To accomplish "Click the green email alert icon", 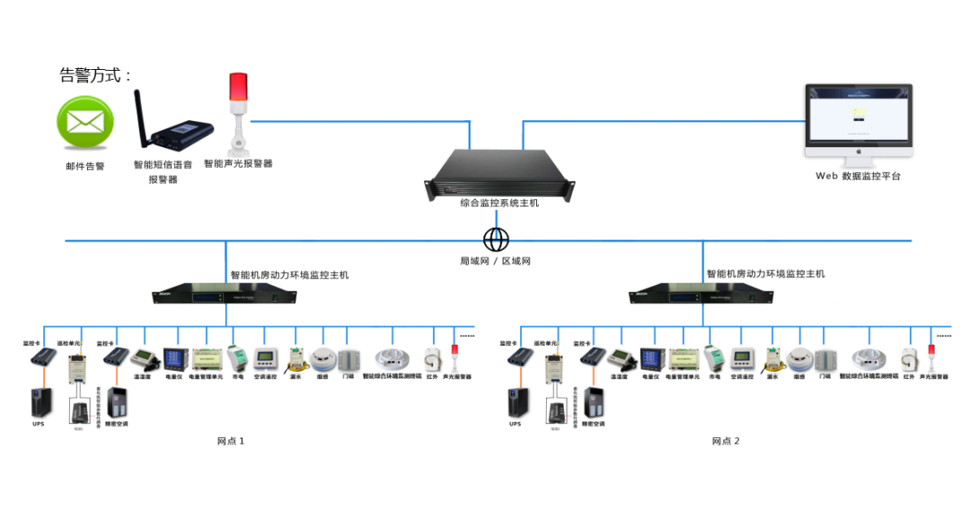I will (86, 122).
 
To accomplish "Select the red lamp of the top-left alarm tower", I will (238, 87).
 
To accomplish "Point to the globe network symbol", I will (496, 240).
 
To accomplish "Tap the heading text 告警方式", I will (95, 75).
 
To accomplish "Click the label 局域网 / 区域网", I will (496, 260).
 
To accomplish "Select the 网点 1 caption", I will (231, 441).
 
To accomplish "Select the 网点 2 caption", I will (726, 441).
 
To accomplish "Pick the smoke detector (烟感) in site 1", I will (322, 360).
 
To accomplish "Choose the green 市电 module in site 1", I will (238, 359).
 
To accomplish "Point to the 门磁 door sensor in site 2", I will (824, 360).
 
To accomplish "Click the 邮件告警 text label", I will (85, 166).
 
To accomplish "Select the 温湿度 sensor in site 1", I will (145, 360).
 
